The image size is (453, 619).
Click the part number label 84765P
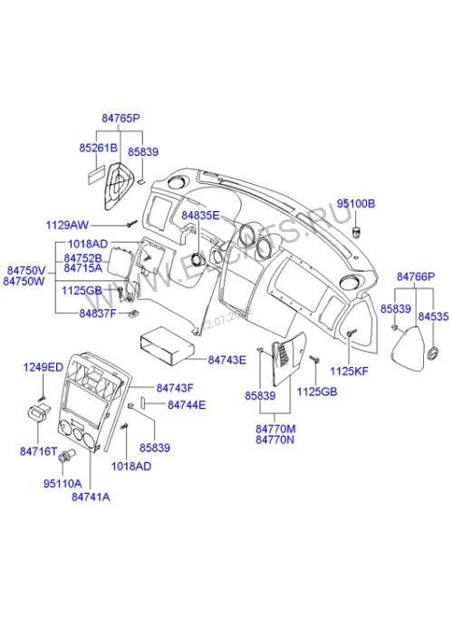pyautogui.click(x=120, y=118)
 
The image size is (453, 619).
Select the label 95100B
pyautogui.click(x=355, y=204)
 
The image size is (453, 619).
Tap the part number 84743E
pyautogui.click(x=226, y=360)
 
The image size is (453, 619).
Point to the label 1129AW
pyautogui.click(x=67, y=225)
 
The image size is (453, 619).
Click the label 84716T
pyautogui.click(x=39, y=450)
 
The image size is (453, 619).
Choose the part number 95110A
pyautogui.click(x=63, y=483)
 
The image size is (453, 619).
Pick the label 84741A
pyautogui.click(x=91, y=497)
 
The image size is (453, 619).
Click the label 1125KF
pyautogui.click(x=349, y=371)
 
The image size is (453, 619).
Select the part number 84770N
pyautogui.click(x=275, y=440)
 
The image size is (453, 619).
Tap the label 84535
pyautogui.click(x=433, y=316)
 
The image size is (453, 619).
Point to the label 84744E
pyautogui.click(x=187, y=404)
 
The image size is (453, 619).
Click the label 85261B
pyautogui.click(x=98, y=148)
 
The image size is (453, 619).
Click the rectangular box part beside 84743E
pyautogui.click(x=167, y=344)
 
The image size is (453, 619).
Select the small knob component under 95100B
pyautogui.click(x=357, y=232)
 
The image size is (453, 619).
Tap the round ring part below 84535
pyautogui.click(x=433, y=353)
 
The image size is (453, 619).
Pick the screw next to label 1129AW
pyautogui.click(x=131, y=224)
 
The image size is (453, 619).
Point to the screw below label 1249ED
pyautogui.click(x=43, y=397)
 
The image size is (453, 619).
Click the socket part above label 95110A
pyautogui.click(x=65, y=456)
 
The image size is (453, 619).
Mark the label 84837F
pyautogui.click(x=98, y=313)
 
